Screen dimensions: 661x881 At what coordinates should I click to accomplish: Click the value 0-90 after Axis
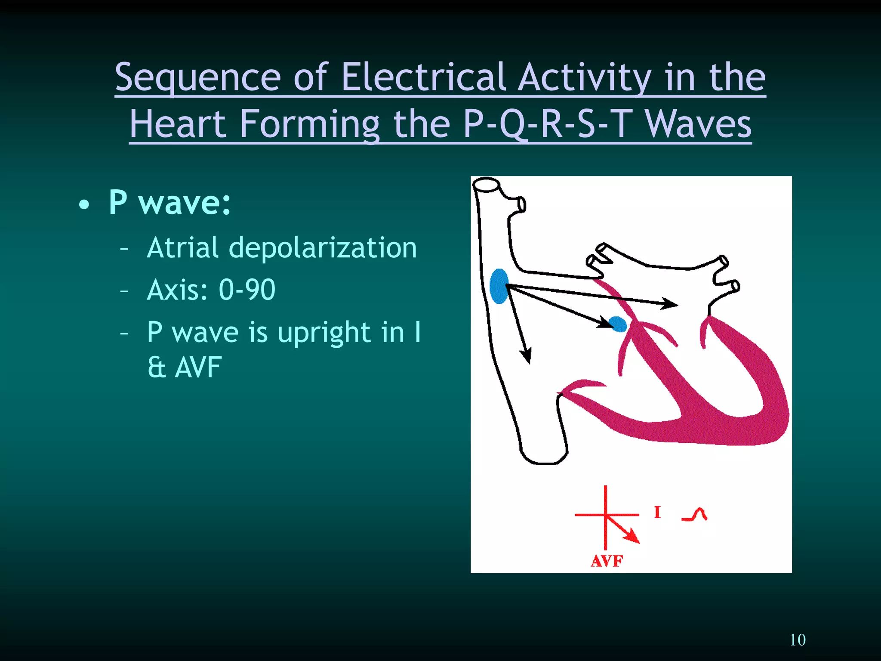(247, 289)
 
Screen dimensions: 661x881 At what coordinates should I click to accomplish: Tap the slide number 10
(798, 639)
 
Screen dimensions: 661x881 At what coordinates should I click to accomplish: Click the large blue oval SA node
(499, 286)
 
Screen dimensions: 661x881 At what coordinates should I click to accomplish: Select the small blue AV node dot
(618, 324)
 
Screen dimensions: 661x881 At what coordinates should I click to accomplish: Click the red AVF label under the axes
(607, 561)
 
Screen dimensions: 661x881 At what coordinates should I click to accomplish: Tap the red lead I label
(657, 512)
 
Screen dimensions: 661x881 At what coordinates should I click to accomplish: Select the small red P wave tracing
(695, 515)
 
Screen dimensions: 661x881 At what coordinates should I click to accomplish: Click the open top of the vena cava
(486, 184)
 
